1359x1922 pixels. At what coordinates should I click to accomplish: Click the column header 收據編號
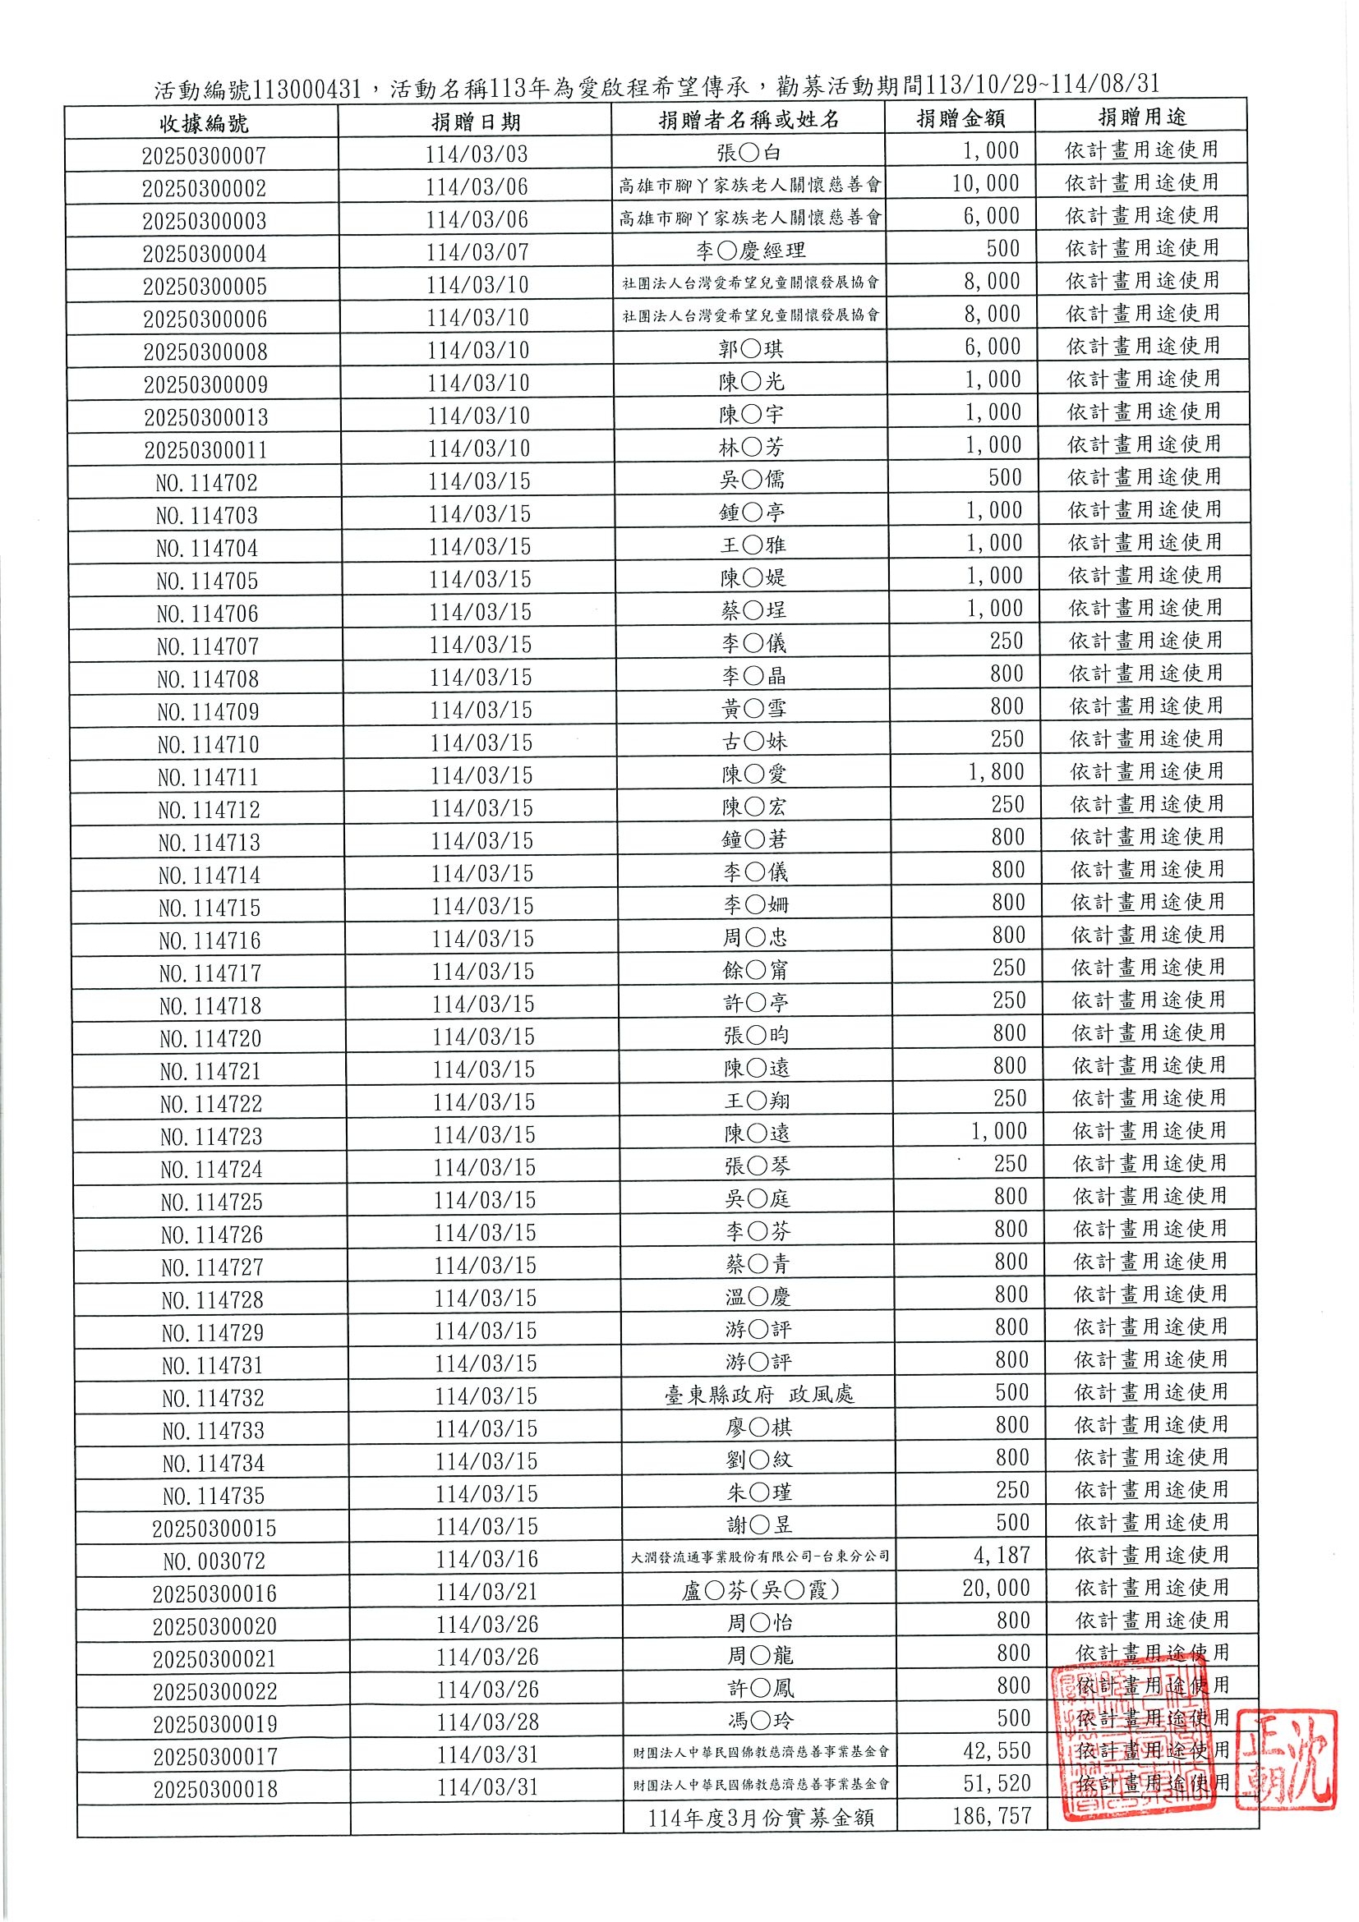coord(204,124)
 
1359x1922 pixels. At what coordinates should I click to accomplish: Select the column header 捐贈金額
coord(961,119)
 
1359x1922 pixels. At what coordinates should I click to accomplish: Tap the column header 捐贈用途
coord(1142,117)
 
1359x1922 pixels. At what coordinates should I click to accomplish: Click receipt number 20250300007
coord(204,156)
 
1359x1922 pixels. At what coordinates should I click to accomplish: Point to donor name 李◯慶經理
coord(749,251)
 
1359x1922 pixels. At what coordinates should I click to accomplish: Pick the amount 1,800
coord(996,771)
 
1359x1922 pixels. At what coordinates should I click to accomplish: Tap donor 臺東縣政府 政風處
coord(758,1394)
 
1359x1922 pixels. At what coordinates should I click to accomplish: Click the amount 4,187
coord(1002,1556)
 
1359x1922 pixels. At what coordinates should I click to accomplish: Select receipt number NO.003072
coord(214,1561)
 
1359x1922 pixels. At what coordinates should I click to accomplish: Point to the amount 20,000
coord(996,1588)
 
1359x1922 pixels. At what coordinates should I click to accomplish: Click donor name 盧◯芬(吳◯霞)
coord(760,1590)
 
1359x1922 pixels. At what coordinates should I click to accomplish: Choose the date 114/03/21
coord(486,1591)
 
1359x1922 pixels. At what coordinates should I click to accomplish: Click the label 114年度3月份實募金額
coord(760,1819)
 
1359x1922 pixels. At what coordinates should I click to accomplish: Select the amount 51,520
coord(997,1783)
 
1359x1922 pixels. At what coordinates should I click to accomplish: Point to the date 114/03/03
coord(477,154)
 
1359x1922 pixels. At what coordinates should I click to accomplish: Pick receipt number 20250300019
coord(215,1723)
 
